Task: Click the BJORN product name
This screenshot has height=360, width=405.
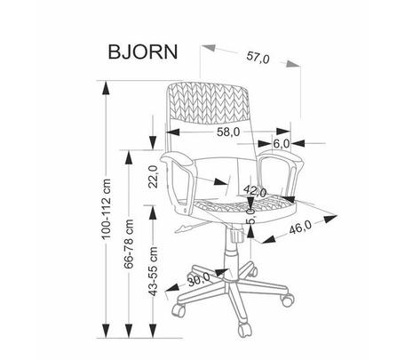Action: tap(143, 52)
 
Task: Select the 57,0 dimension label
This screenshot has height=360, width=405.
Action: tap(258, 58)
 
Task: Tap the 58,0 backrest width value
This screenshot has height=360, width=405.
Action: tap(228, 132)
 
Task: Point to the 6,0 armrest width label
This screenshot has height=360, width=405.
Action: tap(281, 144)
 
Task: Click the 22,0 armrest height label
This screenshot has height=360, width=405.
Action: tap(153, 177)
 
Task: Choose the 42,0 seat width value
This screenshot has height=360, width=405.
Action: tap(255, 191)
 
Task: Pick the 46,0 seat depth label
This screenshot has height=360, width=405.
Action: tap(300, 228)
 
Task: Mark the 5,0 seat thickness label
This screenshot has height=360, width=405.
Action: tap(251, 216)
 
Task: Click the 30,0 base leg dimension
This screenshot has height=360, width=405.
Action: tap(199, 279)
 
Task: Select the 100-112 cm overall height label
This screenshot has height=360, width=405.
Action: tap(106, 209)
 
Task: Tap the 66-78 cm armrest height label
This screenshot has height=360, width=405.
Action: tap(129, 244)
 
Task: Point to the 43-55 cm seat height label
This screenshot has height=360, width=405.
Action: tap(153, 271)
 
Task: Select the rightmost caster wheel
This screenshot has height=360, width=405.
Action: tap(288, 300)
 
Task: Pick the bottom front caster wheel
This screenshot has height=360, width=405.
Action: tap(245, 330)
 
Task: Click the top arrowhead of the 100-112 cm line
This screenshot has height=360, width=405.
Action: tap(106, 88)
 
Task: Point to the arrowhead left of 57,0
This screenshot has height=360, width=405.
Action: tap(208, 48)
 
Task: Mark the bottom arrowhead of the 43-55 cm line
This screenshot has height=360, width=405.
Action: tap(153, 331)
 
